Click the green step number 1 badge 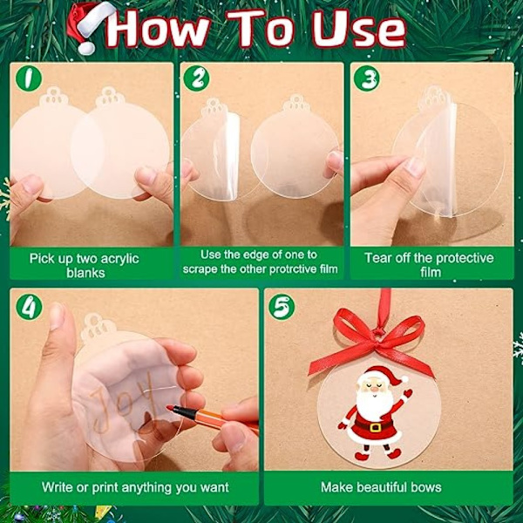click(29, 78)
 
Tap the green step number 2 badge click(197, 78)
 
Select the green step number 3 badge click(367, 79)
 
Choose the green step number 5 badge click(282, 307)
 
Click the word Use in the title click(358, 30)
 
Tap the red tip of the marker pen click(169, 408)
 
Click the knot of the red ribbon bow click(378, 332)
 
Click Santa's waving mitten click(407, 394)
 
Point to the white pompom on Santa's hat click(404, 379)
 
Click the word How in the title click(157, 30)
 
